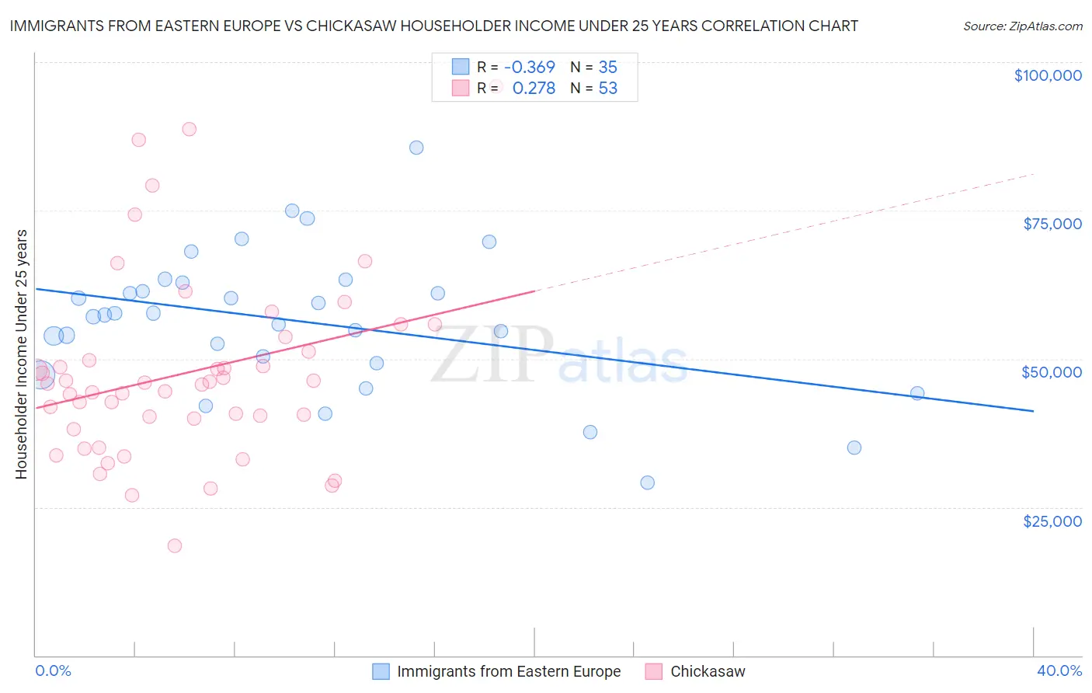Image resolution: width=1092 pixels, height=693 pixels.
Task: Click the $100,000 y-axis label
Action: point(1047,75)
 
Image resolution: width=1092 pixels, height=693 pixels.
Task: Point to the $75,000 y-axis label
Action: point(1052,224)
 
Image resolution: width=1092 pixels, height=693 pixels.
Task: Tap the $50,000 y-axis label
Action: point(1051,372)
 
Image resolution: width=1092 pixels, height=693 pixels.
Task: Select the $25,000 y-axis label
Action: point(1052,521)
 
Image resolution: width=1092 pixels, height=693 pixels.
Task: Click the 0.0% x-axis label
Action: point(53,670)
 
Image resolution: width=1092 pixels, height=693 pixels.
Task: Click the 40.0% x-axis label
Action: point(1059,670)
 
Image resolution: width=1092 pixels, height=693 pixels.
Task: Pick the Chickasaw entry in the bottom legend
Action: point(707,671)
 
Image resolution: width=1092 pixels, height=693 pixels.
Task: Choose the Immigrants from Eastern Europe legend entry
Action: point(508,671)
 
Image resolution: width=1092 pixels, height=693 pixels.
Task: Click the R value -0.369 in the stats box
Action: point(529,67)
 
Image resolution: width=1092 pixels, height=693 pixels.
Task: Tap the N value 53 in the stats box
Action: point(607,89)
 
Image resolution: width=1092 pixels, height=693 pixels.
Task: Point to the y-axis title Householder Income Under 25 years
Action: point(22,353)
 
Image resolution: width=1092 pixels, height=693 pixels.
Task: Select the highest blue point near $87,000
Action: point(416,148)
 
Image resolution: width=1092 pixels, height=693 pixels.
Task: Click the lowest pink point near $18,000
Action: point(175,546)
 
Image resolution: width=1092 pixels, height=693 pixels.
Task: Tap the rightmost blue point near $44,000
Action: point(917,393)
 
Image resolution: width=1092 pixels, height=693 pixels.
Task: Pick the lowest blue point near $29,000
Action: point(647,482)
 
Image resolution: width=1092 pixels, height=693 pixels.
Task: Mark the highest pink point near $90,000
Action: point(189,129)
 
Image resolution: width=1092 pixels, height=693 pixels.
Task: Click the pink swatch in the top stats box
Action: point(461,89)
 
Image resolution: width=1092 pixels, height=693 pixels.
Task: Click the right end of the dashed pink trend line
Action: point(1033,174)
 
